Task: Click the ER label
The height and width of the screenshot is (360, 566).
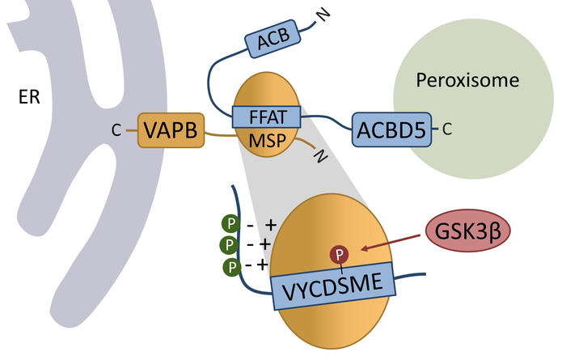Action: tap(30, 97)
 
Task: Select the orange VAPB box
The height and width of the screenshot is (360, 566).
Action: tap(171, 130)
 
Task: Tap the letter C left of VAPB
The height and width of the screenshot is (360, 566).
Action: tap(118, 129)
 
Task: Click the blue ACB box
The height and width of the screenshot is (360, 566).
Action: tap(272, 40)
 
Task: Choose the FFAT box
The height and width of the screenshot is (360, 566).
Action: tap(267, 116)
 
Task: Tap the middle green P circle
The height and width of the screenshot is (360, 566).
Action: tap(229, 244)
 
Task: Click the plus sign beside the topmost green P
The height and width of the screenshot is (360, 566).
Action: tap(271, 222)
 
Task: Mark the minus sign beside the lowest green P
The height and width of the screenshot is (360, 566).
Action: tap(250, 265)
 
